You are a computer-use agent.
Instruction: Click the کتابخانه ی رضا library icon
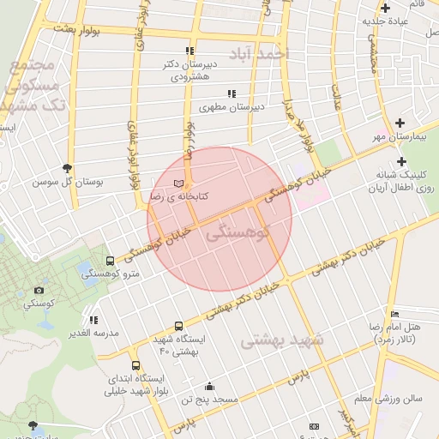click(x=178, y=183)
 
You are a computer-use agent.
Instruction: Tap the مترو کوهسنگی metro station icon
click(x=110, y=261)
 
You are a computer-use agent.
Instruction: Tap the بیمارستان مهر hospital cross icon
click(x=400, y=123)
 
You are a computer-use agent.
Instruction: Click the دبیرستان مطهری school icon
click(x=231, y=93)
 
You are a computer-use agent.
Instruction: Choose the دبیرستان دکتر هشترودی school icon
click(x=189, y=51)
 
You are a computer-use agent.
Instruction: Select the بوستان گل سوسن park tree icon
click(x=68, y=168)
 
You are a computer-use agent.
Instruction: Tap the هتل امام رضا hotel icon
click(x=394, y=315)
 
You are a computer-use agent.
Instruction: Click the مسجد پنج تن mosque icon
click(x=209, y=387)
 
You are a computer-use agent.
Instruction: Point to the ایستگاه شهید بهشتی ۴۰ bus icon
click(x=178, y=326)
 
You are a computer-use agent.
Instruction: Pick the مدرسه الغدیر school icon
click(x=93, y=320)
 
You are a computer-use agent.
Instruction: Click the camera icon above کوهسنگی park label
click(x=38, y=291)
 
